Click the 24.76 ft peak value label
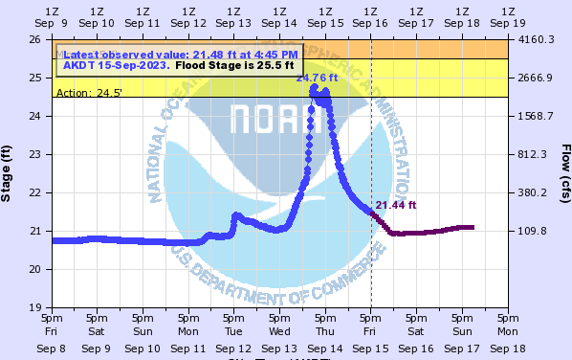[x=312, y=78]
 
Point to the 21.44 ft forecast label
[x=396, y=205]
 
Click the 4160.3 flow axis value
[x=536, y=39]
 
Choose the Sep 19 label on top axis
[x=508, y=22]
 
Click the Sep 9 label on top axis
[x=53, y=22]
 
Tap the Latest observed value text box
[x=179, y=59]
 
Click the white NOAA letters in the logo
[x=276, y=121]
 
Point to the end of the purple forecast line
[x=473, y=227]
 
